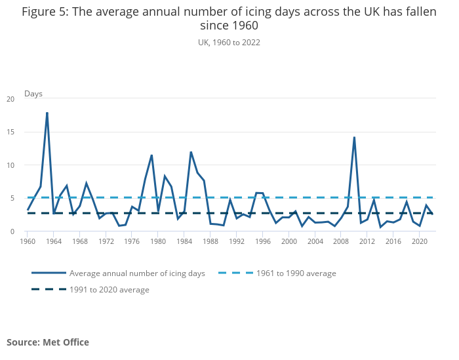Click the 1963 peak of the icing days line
coord(47,113)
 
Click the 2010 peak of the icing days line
coord(354,138)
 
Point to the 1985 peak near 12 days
coord(191,152)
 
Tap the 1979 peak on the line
coord(151,155)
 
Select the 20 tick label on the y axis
coord(10,99)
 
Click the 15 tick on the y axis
coord(10,132)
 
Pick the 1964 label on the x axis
coord(54,241)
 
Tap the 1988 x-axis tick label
coord(210,241)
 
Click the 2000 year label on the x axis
coord(289,241)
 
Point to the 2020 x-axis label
coord(420,241)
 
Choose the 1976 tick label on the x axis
coord(132,241)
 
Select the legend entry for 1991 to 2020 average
coord(109,289)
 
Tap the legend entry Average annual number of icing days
coord(137,273)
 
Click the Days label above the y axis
coord(33,94)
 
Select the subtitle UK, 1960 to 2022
coord(229,43)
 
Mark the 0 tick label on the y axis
coord(12,231)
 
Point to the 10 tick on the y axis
coord(10,165)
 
